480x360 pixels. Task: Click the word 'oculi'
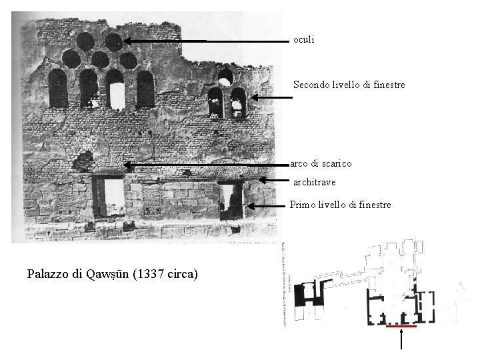point(303,40)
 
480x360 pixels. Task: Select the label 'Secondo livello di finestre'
point(349,85)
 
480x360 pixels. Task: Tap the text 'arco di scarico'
point(321,163)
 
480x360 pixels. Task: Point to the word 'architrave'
point(315,182)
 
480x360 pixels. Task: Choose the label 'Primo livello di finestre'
point(340,205)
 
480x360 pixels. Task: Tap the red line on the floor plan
point(401,327)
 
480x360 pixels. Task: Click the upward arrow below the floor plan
point(401,339)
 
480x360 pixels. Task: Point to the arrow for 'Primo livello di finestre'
point(267,207)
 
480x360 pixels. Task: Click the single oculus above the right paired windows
point(226,77)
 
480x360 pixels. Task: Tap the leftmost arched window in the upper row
point(58,89)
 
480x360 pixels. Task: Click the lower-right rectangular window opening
point(230,200)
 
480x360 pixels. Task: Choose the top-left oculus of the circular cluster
point(85,42)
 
